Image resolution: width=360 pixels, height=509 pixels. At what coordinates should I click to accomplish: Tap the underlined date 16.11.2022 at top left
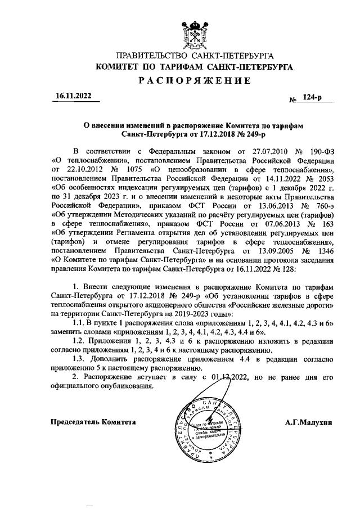73,96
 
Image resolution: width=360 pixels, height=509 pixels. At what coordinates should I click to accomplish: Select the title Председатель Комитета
93,421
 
